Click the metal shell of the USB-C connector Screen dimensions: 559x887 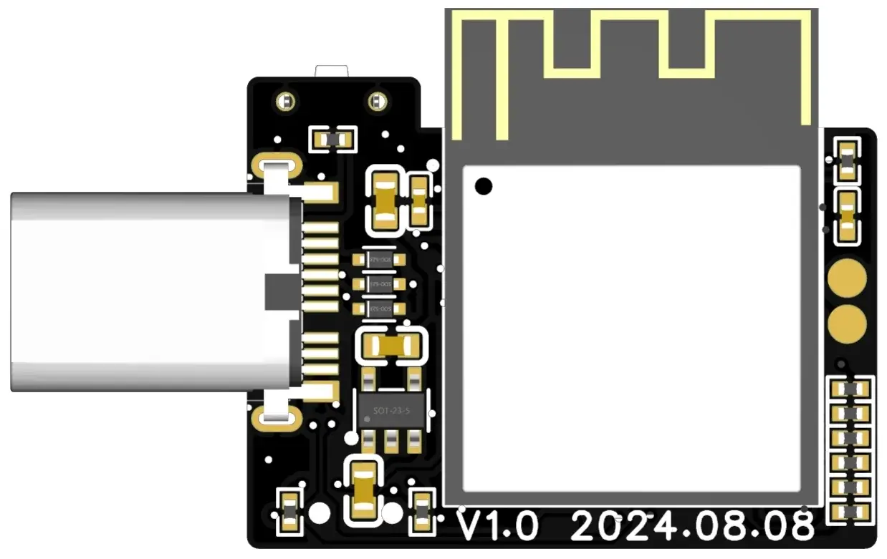(x=143, y=291)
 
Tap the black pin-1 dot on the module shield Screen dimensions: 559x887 (x=484, y=186)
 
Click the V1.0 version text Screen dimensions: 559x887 (x=498, y=528)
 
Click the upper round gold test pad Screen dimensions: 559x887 (x=847, y=279)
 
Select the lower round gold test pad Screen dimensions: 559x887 (x=847, y=324)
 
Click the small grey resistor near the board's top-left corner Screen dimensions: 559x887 (x=332, y=140)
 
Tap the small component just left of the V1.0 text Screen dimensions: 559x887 (x=422, y=510)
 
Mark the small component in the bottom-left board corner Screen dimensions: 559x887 (x=289, y=510)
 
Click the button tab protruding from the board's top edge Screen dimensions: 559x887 (x=331, y=70)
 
